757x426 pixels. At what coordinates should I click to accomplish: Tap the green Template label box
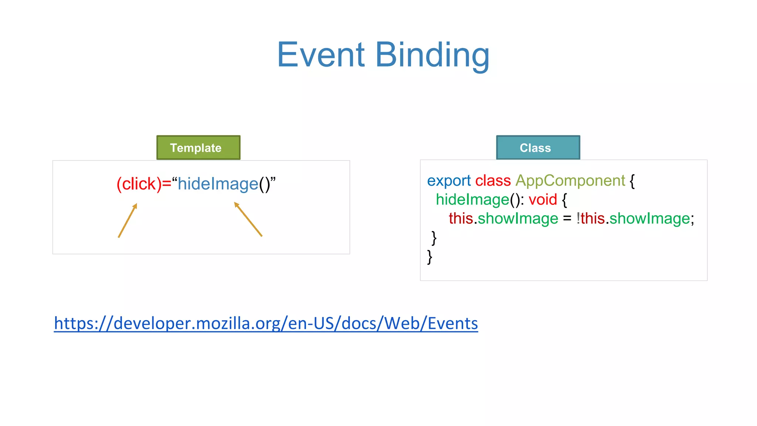(x=198, y=148)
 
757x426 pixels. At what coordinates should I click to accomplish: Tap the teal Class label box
(x=538, y=148)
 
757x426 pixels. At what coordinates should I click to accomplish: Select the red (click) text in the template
(x=139, y=184)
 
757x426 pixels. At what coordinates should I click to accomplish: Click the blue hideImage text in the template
(x=218, y=184)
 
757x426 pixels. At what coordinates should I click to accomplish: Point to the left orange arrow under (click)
(x=128, y=220)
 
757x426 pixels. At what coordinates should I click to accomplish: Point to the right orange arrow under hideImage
(x=248, y=219)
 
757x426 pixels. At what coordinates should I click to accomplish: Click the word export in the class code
(x=449, y=181)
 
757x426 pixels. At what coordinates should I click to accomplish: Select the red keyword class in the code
(x=493, y=181)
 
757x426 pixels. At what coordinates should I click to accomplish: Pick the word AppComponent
(x=570, y=181)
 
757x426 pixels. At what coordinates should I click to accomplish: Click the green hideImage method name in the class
(x=472, y=200)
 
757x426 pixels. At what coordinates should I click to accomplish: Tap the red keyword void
(x=543, y=200)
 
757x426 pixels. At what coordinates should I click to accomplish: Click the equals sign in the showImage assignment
(x=567, y=219)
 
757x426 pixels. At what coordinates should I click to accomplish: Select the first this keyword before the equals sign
(x=461, y=219)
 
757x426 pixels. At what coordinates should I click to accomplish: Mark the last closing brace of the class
(x=430, y=257)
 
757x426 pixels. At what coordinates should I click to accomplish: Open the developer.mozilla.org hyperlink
(x=266, y=323)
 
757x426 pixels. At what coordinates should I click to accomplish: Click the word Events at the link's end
(x=452, y=323)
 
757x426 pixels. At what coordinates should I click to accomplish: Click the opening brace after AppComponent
(x=632, y=181)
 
